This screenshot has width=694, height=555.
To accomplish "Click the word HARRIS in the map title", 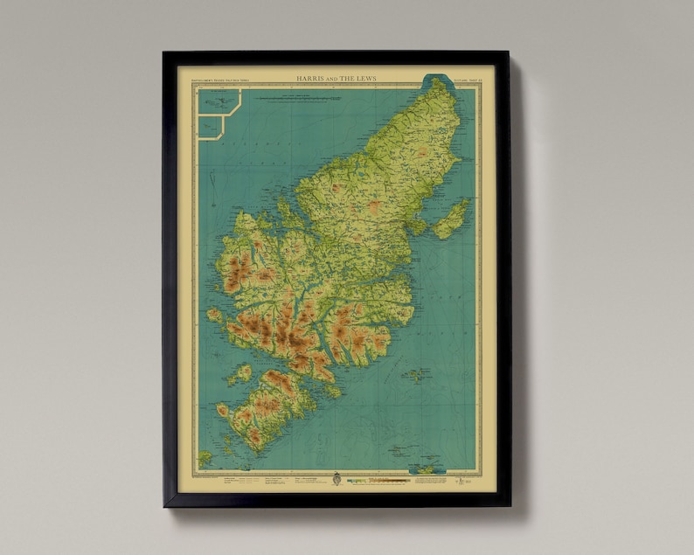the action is tap(310, 78).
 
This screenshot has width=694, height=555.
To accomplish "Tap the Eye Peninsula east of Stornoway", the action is tap(451, 219).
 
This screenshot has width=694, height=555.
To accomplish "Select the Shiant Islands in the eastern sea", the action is tap(417, 375).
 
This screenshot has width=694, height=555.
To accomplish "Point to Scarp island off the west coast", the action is tap(214, 315).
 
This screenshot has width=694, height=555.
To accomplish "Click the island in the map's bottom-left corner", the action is tap(205, 457).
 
